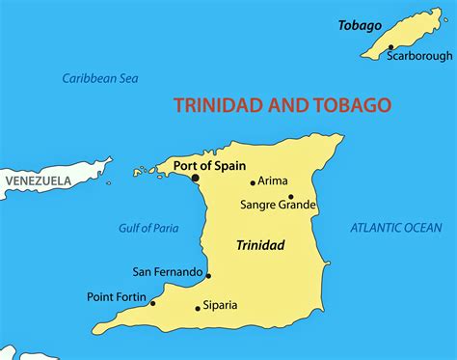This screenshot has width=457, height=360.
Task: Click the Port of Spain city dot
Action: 195,178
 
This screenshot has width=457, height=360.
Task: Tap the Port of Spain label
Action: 210,165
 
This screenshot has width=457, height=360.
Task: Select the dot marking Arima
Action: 253,182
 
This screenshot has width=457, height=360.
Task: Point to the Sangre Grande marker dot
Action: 291,196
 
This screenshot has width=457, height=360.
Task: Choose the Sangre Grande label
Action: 279,205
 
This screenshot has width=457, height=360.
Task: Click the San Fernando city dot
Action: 208,275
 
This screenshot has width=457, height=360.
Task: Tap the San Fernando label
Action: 168,272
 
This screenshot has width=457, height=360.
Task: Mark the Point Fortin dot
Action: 152,303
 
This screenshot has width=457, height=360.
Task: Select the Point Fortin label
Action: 117,296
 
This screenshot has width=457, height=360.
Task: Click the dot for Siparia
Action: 198,309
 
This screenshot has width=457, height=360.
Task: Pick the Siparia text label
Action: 221,306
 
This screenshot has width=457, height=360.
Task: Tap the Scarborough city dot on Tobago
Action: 390,47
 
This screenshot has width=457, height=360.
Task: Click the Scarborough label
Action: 418,56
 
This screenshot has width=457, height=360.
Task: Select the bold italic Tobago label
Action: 360,25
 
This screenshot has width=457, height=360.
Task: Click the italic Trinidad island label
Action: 260,245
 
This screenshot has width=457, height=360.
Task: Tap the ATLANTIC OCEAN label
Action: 395,228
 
